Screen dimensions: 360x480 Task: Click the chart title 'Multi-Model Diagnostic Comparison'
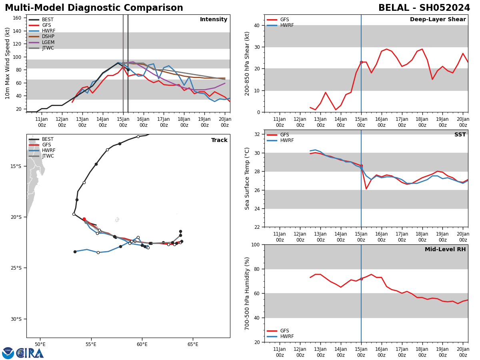click(x=94, y=8)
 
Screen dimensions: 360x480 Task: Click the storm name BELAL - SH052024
click(x=424, y=8)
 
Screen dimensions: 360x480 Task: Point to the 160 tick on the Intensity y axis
click(x=18, y=18)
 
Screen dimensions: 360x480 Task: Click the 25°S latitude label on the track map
click(x=16, y=268)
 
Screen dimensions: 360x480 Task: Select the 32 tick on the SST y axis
click(x=256, y=134)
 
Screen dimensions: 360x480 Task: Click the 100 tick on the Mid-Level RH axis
click(x=254, y=244)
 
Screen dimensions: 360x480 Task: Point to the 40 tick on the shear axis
click(x=256, y=25)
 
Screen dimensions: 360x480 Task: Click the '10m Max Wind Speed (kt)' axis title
click(x=8, y=63)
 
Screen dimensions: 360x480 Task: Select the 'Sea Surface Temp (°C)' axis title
click(x=247, y=178)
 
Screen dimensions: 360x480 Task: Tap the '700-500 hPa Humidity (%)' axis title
click(x=247, y=293)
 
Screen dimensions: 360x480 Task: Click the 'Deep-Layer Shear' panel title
click(x=438, y=20)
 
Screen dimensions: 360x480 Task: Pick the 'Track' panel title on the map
click(x=219, y=140)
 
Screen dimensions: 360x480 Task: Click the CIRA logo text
click(x=30, y=353)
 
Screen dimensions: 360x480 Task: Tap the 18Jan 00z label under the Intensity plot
click(x=184, y=122)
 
